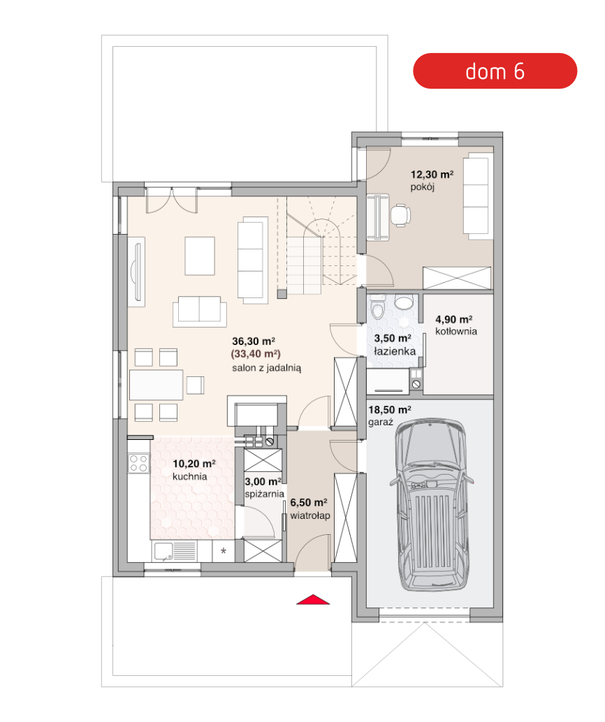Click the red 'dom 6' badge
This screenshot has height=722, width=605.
pos(495,71)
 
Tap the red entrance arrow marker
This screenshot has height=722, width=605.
pos(313,600)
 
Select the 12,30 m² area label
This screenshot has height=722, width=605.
pos(432,175)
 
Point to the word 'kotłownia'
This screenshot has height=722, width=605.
pos(456,332)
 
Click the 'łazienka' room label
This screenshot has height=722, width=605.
pos(395,351)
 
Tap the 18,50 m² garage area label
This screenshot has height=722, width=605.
pos(389,410)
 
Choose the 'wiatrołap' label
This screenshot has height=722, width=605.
pos(310,516)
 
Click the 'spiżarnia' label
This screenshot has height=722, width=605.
pos(264,494)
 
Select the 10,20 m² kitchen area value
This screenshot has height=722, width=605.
pos(194,464)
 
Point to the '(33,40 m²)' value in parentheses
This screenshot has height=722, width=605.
pos(256,354)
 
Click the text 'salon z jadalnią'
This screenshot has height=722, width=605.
pos(266,368)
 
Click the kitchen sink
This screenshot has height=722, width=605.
pos(163,551)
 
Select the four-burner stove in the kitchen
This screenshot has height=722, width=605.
pos(138,463)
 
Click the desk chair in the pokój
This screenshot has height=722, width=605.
pos(400,215)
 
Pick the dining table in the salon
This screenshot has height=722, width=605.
pos(156,385)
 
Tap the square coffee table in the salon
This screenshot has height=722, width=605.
pos(200,256)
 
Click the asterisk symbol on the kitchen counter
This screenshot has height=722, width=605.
pos(224,551)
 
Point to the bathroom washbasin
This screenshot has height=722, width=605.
pos(404,302)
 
